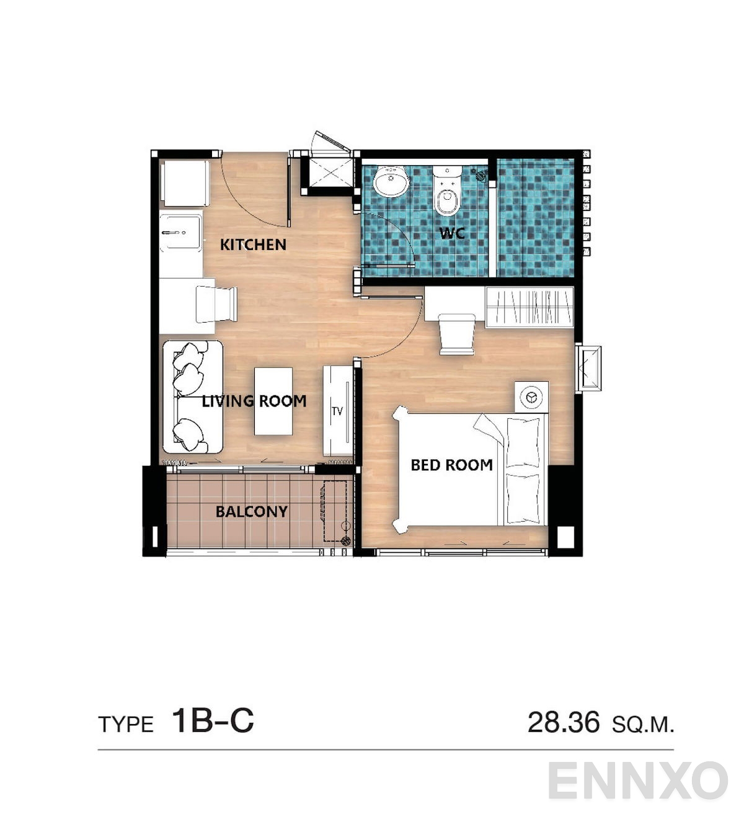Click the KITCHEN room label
click(253, 244)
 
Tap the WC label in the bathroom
click(452, 233)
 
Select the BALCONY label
click(251, 511)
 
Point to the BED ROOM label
click(451, 465)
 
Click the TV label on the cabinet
click(337, 411)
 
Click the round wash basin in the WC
click(391, 180)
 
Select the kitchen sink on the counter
click(180, 233)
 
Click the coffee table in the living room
click(273, 401)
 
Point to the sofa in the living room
click(192, 397)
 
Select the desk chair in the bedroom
click(457, 334)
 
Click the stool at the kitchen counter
click(216, 304)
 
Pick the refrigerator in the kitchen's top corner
click(184, 183)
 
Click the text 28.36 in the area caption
click(563, 723)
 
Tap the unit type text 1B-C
click(213, 721)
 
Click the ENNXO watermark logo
click(637, 781)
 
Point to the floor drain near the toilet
click(480, 176)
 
